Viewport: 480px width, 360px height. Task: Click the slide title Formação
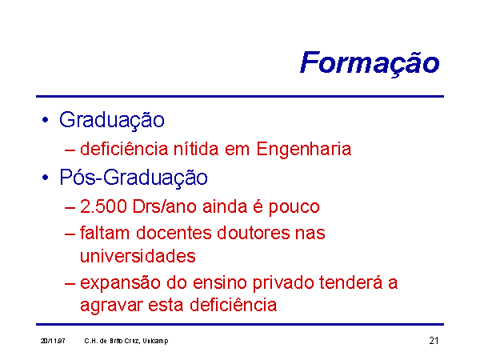pyautogui.click(x=370, y=63)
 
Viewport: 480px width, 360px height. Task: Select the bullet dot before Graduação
pyautogui.click(x=46, y=120)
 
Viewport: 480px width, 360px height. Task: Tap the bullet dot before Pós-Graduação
pyautogui.click(x=46, y=178)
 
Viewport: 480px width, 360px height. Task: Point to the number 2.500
pyautogui.click(x=103, y=206)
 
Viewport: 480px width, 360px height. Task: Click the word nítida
pyautogui.click(x=196, y=149)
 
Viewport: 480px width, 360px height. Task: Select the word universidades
pyautogui.click(x=138, y=256)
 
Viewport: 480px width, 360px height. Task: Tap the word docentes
pyautogui.click(x=174, y=233)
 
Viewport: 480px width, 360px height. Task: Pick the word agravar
pyautogui.click(x=112, y=306)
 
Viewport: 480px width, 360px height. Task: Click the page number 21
pyautogui.click(x=434, y=341)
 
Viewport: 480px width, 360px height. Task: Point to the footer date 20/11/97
pyautogui.click(x=53, y=341)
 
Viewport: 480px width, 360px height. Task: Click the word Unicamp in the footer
pyautogui.click(x=155, y=342)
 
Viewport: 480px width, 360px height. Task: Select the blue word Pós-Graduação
pyautogui.click(x=134, y=178)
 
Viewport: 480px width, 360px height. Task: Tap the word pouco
pyautogui.click(x=294, y=207)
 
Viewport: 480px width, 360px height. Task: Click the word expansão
pyautogui.click(x=120, y=283)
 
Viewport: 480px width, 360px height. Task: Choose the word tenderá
pyautogui.click(x=351, y=282)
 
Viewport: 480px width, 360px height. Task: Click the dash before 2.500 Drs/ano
pyautogui.click(x=70, y=208)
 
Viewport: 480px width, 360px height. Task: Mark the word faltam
pyautogui.click(x=105, y=233)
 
